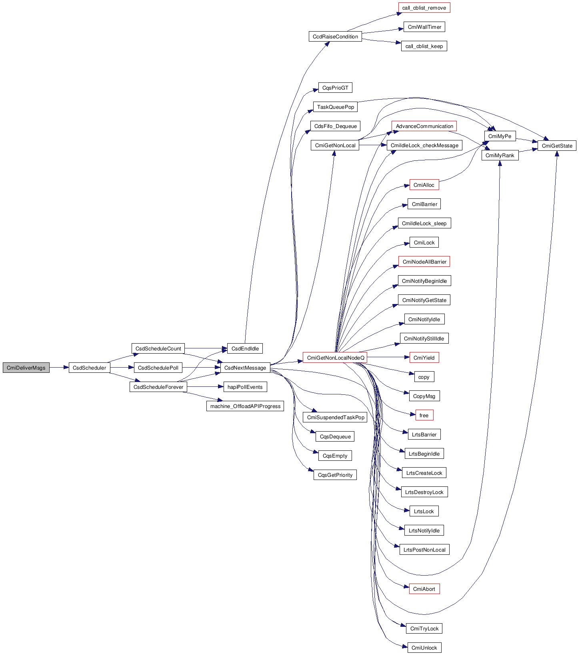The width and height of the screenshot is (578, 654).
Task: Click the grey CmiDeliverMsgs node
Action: (26, 368)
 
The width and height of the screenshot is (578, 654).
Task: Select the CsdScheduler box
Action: (89, 368)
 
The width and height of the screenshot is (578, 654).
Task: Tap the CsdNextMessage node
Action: (245, 368)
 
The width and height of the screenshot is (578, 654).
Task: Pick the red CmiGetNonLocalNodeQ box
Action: (335, 358)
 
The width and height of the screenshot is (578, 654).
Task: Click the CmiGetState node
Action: (557, 146)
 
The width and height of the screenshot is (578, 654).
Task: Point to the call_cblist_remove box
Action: (424, 8)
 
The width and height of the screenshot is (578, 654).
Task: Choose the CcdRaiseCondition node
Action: (335, 36)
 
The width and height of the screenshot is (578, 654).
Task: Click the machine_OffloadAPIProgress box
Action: (245, 406)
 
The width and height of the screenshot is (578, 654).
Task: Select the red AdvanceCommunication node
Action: (424, 126)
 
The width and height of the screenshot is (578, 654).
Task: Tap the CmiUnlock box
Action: (424, 648)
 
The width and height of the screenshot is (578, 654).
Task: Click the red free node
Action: (424, 415)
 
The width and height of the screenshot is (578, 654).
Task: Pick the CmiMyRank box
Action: (500, 155)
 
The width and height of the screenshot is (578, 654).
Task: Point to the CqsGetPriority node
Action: (335, 475)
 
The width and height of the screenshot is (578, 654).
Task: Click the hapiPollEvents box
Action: (245, 387)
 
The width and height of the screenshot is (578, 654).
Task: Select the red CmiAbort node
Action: (424, 589)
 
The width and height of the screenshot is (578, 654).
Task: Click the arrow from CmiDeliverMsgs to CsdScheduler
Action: (59, 368)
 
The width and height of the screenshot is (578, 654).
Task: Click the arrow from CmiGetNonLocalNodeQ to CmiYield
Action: (388, 357)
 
